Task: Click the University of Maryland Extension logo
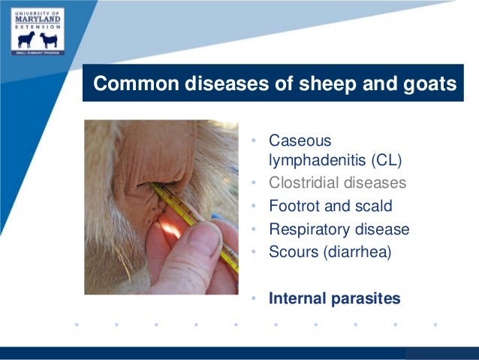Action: click(38, 31)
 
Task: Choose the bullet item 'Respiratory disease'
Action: click(339, 229)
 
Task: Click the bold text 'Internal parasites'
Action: click(334, 298)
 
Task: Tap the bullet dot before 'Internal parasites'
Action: click(255, 299)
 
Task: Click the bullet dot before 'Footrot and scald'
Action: click(255, 207)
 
